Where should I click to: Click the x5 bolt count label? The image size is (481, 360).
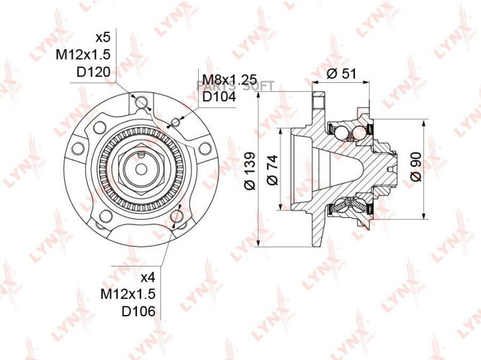[x=103, y=38]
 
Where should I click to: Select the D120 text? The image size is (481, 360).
[x=93, y=72]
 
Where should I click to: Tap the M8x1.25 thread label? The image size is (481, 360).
[x=230, y=80]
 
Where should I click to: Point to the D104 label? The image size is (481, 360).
[x=219, y=97]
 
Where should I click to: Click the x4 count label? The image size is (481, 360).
[x=148, y=278]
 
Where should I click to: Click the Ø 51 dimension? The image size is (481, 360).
[x=341, y=74]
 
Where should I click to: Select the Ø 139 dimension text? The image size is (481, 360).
[x=250, y=170]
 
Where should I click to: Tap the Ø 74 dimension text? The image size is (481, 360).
[x=272, y=170]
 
